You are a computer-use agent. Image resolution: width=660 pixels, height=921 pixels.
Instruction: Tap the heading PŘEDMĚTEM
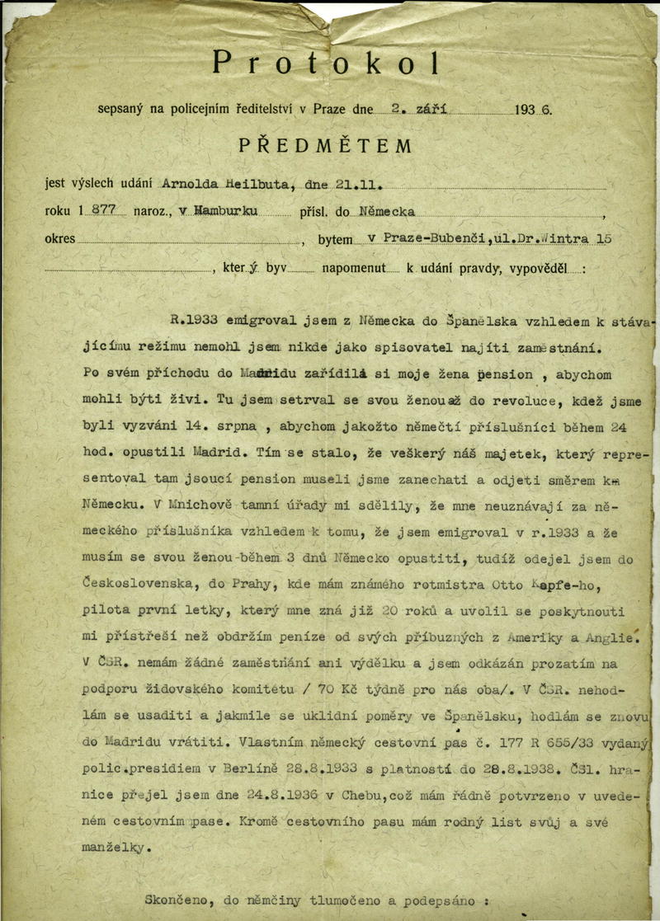(x=325, y=146)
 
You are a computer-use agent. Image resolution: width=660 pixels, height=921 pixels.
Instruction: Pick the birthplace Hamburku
(x=226, y=212)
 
